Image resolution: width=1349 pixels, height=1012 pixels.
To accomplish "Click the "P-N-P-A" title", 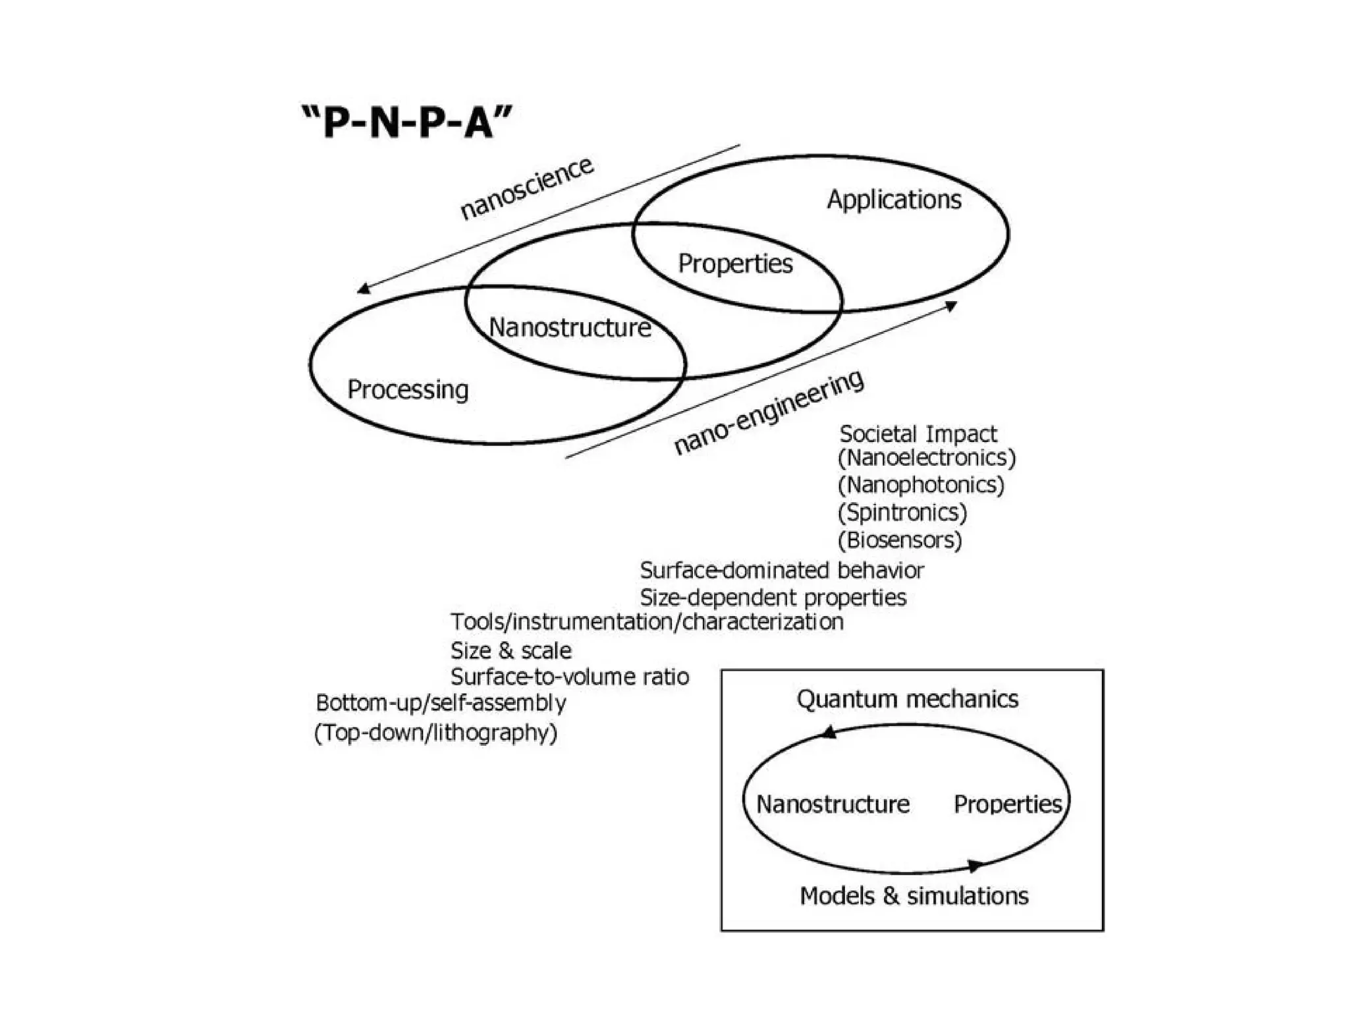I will point(407,123).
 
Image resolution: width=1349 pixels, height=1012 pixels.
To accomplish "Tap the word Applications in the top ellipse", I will point(894,200).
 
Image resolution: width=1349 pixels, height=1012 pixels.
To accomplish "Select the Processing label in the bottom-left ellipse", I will point(408,389).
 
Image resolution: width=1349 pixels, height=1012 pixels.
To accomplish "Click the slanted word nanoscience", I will point(526,188).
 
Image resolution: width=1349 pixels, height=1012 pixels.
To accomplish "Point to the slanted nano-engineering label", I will point(769,412).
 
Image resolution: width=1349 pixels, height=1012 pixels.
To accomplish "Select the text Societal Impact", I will point(918,434).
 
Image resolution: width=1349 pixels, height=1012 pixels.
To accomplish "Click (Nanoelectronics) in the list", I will point(927,457).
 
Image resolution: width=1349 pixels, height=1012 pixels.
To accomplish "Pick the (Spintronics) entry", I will point(902,512).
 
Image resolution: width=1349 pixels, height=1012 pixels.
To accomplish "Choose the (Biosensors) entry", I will point(900,540).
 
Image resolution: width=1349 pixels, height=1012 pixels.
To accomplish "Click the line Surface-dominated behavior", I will point(782,571).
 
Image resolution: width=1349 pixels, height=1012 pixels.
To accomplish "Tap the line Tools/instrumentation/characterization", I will point(647,622).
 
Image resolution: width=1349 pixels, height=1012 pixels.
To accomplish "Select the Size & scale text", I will point(511,651).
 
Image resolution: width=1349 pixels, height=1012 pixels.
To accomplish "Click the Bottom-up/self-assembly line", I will point(441,703).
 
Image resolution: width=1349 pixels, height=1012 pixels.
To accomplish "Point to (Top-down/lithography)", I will point(435,733).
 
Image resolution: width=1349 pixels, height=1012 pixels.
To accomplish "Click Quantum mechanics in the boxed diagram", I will point(907,699).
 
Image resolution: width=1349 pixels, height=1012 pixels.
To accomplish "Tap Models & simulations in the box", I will point(914,896).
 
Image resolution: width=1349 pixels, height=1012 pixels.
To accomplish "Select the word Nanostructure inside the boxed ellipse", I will point(833,804).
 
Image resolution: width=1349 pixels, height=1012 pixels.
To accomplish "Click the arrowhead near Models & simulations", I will point(976,865).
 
